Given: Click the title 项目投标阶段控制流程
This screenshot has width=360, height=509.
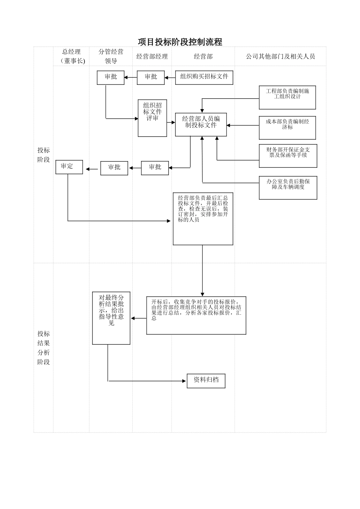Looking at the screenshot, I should coord(180,42).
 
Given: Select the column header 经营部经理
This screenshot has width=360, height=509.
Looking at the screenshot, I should coord(152,56).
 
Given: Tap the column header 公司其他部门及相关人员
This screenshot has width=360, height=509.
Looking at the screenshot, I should coord(280,56).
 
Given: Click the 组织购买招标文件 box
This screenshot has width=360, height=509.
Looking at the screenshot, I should coord(204,77).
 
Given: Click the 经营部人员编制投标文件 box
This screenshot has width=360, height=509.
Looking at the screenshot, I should coord(201,124).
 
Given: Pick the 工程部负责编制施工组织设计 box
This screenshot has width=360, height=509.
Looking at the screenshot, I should coord(287,97).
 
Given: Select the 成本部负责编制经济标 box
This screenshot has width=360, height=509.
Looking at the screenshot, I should coord(287,128).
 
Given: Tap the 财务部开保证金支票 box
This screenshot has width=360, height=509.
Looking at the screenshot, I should coord(288,156).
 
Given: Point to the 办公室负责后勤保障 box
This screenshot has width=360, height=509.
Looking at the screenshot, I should coord(288,187).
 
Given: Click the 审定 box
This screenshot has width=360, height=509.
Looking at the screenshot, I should coord(69,167).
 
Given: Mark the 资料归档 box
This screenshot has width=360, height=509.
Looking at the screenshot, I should coord(206,381).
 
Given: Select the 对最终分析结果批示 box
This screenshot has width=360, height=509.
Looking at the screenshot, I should coord(111,318).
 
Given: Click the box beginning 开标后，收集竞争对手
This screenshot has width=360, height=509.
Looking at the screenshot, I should coord(196,315).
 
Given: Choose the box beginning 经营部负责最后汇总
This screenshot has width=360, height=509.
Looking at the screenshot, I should coord(203,219).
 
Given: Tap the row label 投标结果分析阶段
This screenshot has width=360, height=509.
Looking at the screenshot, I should coord(44,348).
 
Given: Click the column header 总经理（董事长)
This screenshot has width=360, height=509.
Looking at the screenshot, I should coord(72,56).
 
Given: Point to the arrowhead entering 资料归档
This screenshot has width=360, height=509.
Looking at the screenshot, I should coord(185,381).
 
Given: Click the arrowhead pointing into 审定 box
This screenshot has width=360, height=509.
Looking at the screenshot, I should coord(87,169).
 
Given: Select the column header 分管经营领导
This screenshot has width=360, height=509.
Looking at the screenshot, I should coord(111,56).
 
